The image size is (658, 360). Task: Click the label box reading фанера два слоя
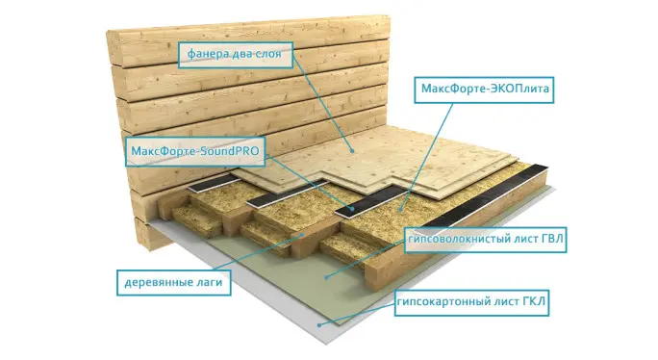coord(236,55)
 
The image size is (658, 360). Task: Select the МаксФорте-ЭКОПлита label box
coord(484,90)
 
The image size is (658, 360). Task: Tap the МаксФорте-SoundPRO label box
coord(195,151)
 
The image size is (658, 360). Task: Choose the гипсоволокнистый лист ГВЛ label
coord(486,240)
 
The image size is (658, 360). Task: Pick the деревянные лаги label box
coord(174,282)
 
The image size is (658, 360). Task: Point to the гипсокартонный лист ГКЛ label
coord(471,302)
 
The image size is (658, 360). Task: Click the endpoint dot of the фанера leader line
coord(352,150)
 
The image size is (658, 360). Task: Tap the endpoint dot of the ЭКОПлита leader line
coord(400,209)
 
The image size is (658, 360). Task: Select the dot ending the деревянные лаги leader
coord(303,236)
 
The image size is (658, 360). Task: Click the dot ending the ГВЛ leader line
coord(326,277)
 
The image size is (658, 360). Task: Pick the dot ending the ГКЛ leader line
coord(319,324)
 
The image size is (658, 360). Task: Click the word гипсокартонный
coord(443,302)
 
